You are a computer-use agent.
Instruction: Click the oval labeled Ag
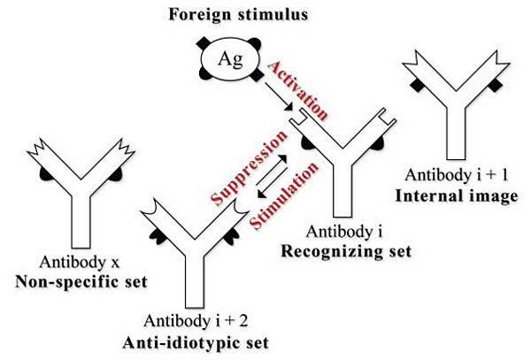coord(229,63)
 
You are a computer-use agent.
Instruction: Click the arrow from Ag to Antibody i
coord(282,100)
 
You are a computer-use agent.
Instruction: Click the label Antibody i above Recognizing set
coord(335,232)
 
